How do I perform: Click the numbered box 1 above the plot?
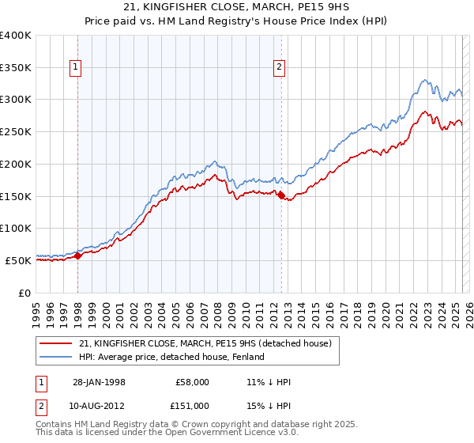pyautogui.click(x=75, y=68)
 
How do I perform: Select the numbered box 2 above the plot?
pyautogui.click(x=280, y=68)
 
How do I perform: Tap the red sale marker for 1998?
pyautogui.click(x=78, y=256)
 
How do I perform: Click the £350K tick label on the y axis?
pyautogui.click(x=16, y=68)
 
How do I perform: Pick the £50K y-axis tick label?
pyautogui.click(x=19, y=260)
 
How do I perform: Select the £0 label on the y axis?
pyautogui.click(x=26, y=293)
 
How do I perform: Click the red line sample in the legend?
pyautogui.click(x=56, y=343)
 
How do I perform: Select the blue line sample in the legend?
pyautogui.click(x=56, y=357)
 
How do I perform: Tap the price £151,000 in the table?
pyautogui.click(x=192, y=406)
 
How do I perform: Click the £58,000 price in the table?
pyautogui.click(x=192, y=382)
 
